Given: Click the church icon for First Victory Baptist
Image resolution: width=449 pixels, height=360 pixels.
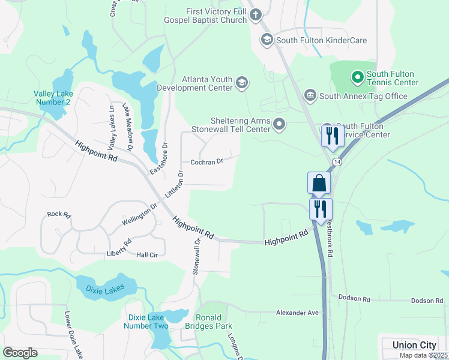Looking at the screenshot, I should point(256,14).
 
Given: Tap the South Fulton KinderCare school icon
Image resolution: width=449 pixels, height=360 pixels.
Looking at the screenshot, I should point(267,40).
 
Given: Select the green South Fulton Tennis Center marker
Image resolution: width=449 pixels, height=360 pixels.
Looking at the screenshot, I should point(357,77).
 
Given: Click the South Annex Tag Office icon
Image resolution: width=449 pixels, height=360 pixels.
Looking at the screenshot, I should point(310,95).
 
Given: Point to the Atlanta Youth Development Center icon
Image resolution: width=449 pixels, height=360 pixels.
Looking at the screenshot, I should point(242,83).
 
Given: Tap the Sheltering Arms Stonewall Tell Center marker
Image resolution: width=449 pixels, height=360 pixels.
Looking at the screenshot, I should point(279,124).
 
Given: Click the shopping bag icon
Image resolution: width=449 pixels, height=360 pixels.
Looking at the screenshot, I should point(319,183).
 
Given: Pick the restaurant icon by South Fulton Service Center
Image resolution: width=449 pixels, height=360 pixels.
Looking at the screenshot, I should point(331,136).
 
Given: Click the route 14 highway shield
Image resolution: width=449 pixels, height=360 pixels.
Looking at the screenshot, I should point(338,163).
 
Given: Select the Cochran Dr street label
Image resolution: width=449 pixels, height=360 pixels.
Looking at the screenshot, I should point(206,161).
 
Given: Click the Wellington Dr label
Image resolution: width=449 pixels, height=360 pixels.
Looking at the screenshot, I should point(139,214).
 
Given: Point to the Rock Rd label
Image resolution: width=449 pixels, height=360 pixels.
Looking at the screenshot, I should point(59,214).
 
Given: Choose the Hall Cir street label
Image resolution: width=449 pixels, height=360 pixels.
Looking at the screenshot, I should point(146,255).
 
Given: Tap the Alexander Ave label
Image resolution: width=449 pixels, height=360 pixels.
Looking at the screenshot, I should point(297,313).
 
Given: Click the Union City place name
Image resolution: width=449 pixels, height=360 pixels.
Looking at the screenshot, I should point(414,345).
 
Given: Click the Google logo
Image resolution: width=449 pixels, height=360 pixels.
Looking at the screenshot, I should point(20,353).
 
